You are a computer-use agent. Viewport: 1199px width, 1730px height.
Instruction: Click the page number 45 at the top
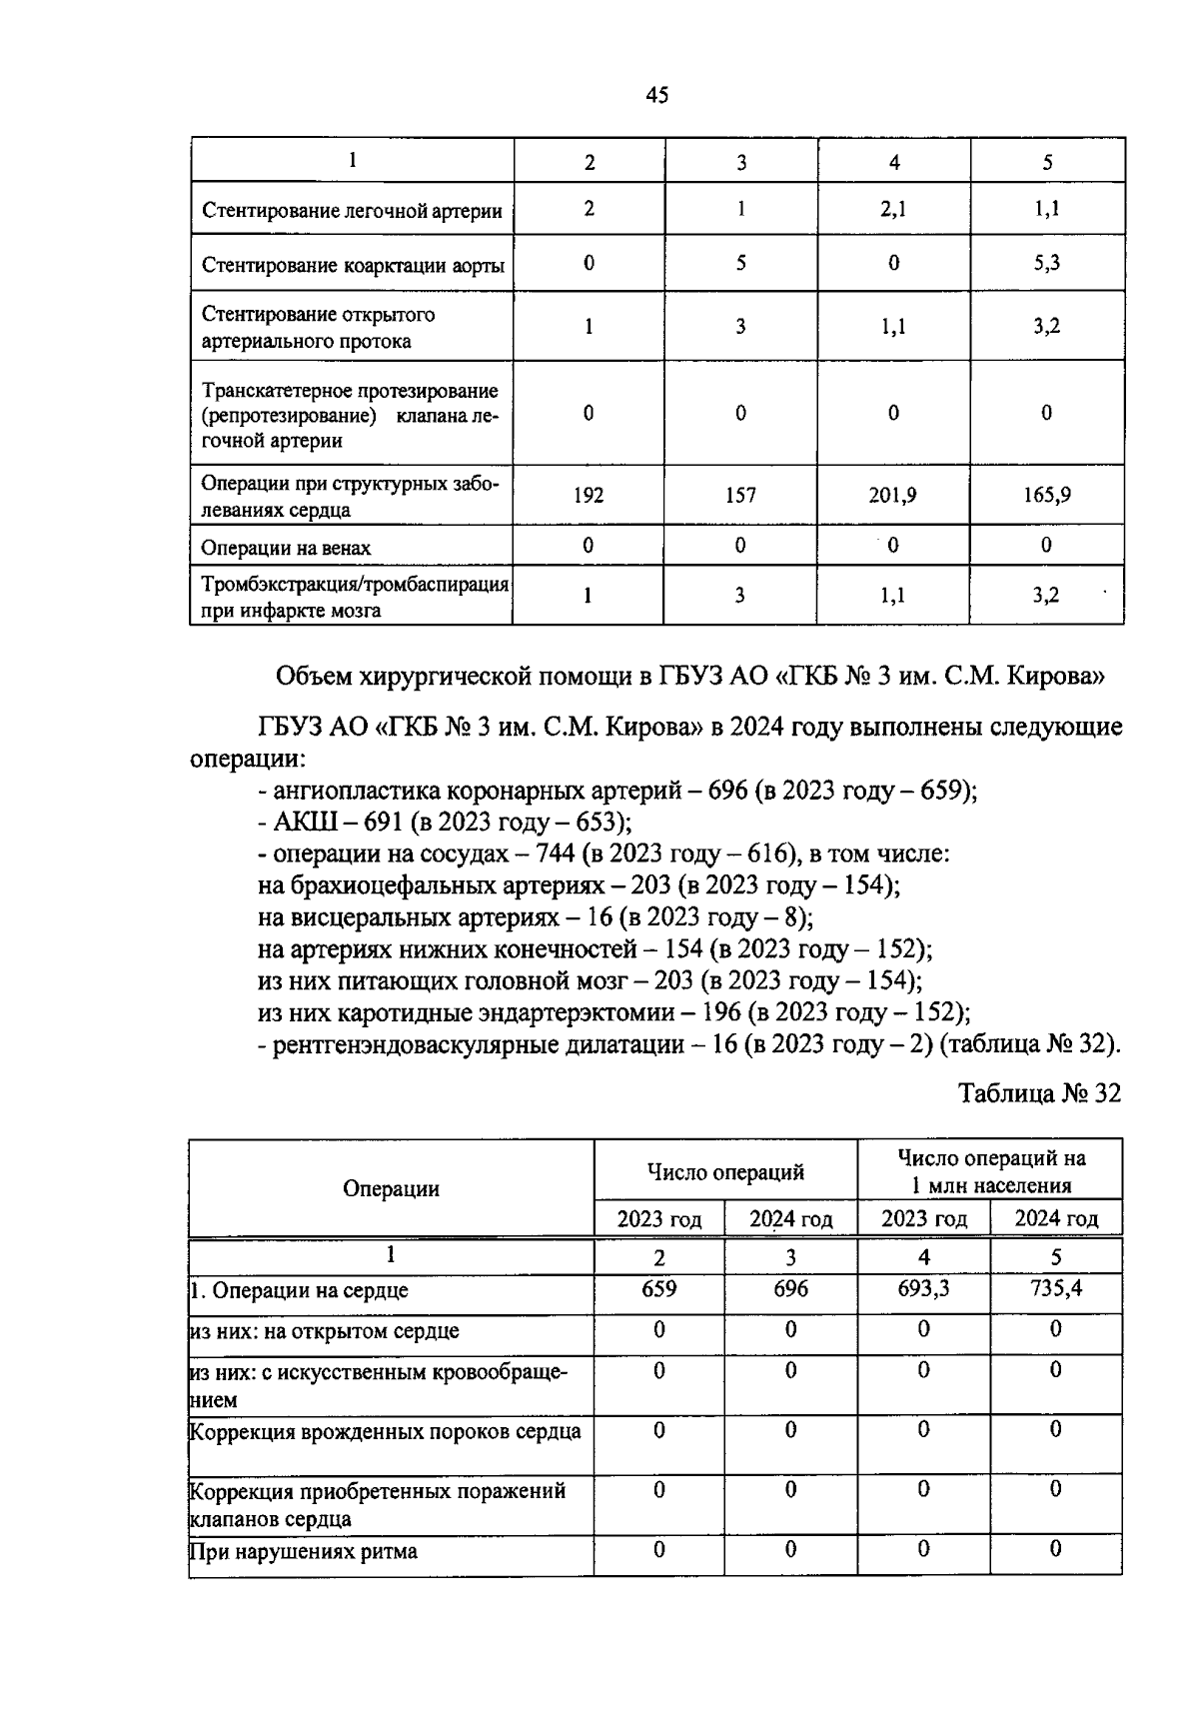pos(656,96)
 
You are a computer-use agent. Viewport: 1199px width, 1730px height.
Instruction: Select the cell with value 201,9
pos(892,495)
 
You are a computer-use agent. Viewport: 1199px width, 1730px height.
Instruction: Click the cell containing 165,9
pos(1046,495)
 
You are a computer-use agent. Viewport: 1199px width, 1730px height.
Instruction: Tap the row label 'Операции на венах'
pos(286,548)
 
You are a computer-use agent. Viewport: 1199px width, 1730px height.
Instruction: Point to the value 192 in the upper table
pos(589,495)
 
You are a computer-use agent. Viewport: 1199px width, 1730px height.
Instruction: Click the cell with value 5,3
pos(1046,263)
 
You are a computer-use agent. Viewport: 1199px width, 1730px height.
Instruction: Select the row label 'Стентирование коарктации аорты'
pos(353,266)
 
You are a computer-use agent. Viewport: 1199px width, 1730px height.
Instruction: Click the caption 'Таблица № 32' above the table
pos(1040,1093)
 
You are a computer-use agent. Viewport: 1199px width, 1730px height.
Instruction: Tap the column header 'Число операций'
pos(725,1172)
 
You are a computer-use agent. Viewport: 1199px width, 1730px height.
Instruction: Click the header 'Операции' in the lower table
pos(391,1188)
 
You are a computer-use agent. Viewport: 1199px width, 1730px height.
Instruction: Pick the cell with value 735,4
pos(1056,1289)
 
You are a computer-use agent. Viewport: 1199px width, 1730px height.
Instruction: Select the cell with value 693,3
pos(923,1289)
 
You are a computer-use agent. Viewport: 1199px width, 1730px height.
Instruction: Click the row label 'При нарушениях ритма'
pos(304,1552)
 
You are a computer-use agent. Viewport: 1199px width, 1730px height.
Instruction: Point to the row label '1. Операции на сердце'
pos(299,1290)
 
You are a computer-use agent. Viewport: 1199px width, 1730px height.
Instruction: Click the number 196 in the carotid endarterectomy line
pos(721,1012)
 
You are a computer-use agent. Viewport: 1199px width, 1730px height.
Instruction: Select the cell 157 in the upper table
pos(740,495)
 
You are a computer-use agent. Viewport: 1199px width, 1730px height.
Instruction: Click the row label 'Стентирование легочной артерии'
pos(352,211)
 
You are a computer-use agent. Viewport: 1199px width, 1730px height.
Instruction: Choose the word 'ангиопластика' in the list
pos(356,791)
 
